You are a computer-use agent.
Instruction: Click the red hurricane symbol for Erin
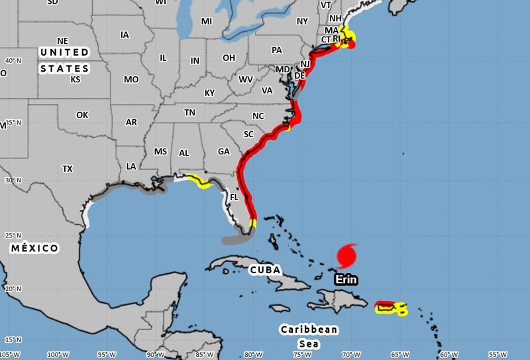pos(346,255)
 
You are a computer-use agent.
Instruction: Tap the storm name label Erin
pos(346,279)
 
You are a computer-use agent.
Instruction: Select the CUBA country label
pos(265,270)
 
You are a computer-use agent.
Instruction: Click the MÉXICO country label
pos(34,248)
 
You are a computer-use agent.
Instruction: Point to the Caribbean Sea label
pos(309,336)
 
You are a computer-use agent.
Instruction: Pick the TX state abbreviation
pos(68,169)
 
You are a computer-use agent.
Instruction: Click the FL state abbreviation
pos(234,197)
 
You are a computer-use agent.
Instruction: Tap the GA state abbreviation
pos(224,152)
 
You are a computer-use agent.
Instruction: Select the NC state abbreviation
pos(258,115)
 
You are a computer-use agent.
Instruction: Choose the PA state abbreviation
pos(277,50)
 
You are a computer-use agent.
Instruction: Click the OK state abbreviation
pos(82,115)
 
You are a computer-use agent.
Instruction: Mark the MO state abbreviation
pos(131,80)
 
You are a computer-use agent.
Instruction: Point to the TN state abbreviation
pos(189,113)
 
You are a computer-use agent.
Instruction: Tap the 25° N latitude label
pos(12,235)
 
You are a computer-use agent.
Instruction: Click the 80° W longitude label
pos(252,354)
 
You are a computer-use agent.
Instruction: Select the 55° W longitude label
pos(498,354)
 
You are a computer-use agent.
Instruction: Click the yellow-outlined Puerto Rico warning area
pos(391,308)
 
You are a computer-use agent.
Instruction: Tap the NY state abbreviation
pos(303,21)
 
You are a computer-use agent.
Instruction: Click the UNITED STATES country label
pos(64,60)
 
